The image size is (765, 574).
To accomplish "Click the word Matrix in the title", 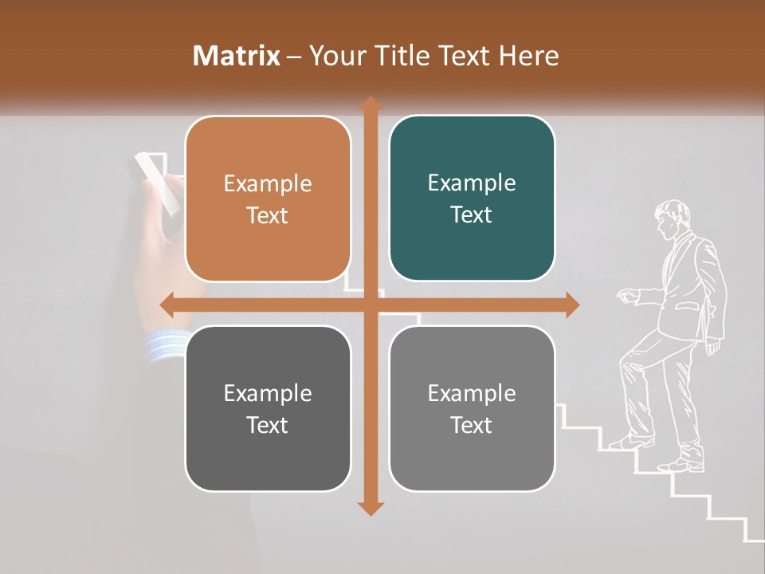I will (x=237, y=56).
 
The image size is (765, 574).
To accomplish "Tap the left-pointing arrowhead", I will (x=167, y=305).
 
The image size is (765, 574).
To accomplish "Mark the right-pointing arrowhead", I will (x=572, y=305).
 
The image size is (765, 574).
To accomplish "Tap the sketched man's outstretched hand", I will (x=628, y=296).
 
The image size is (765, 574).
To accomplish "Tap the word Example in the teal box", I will (x=472, y=183).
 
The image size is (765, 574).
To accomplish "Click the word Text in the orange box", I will (x=268, y=215).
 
